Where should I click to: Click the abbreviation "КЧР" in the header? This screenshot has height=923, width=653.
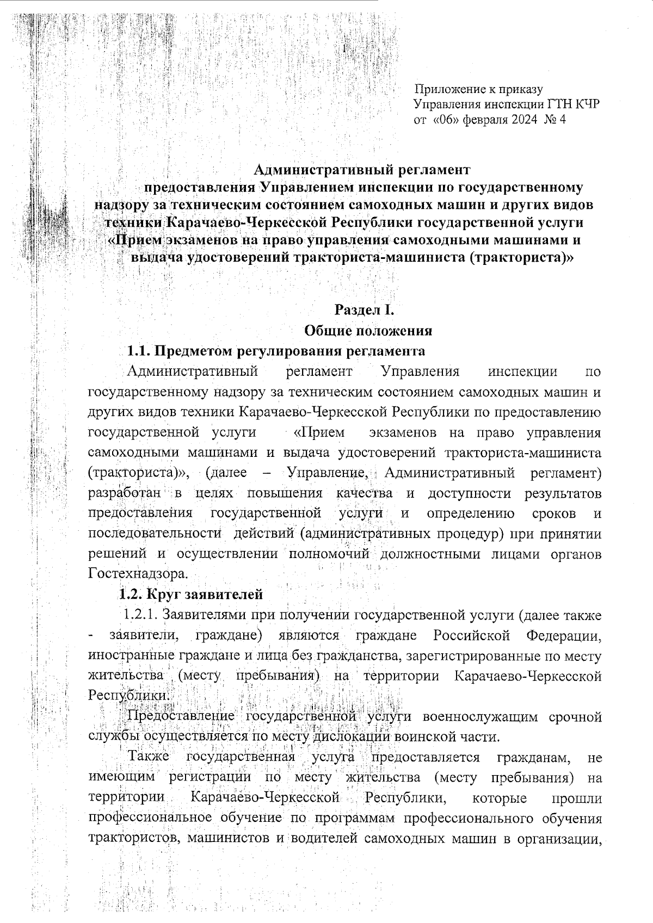tap(584, 104)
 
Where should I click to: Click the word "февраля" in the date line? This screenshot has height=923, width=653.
tap(485, 120)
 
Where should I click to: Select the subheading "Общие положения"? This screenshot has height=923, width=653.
tap(368, 330)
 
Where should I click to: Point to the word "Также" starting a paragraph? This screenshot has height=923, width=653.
tap(149, 757)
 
